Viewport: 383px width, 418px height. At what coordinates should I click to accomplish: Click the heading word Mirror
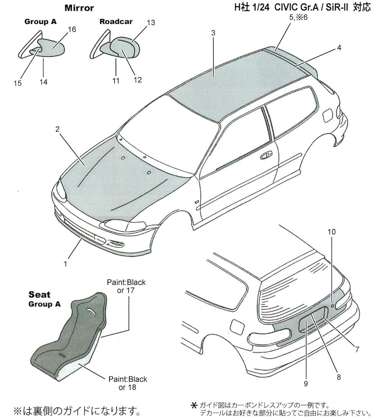click(x=79, y=8)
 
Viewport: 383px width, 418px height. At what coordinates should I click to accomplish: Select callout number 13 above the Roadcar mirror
click(x=151, y=23)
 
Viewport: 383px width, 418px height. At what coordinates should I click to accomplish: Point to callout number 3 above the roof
click(x=213, y=33)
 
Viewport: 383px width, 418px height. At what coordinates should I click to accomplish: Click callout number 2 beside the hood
click(x=57, y=129)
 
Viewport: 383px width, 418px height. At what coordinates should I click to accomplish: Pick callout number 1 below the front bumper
click(x=65, y=264)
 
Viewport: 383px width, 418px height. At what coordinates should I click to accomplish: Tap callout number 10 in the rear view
click(x=332, y=232)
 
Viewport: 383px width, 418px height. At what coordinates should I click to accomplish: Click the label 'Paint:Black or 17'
click(x=126, y=287)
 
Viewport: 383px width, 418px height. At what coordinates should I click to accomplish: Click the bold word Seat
click(x=39, y=295)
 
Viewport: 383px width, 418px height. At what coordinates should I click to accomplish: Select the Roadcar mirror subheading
click(x=116, y=21)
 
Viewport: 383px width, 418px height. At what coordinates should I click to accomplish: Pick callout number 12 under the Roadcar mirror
click(x=138, y=80)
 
